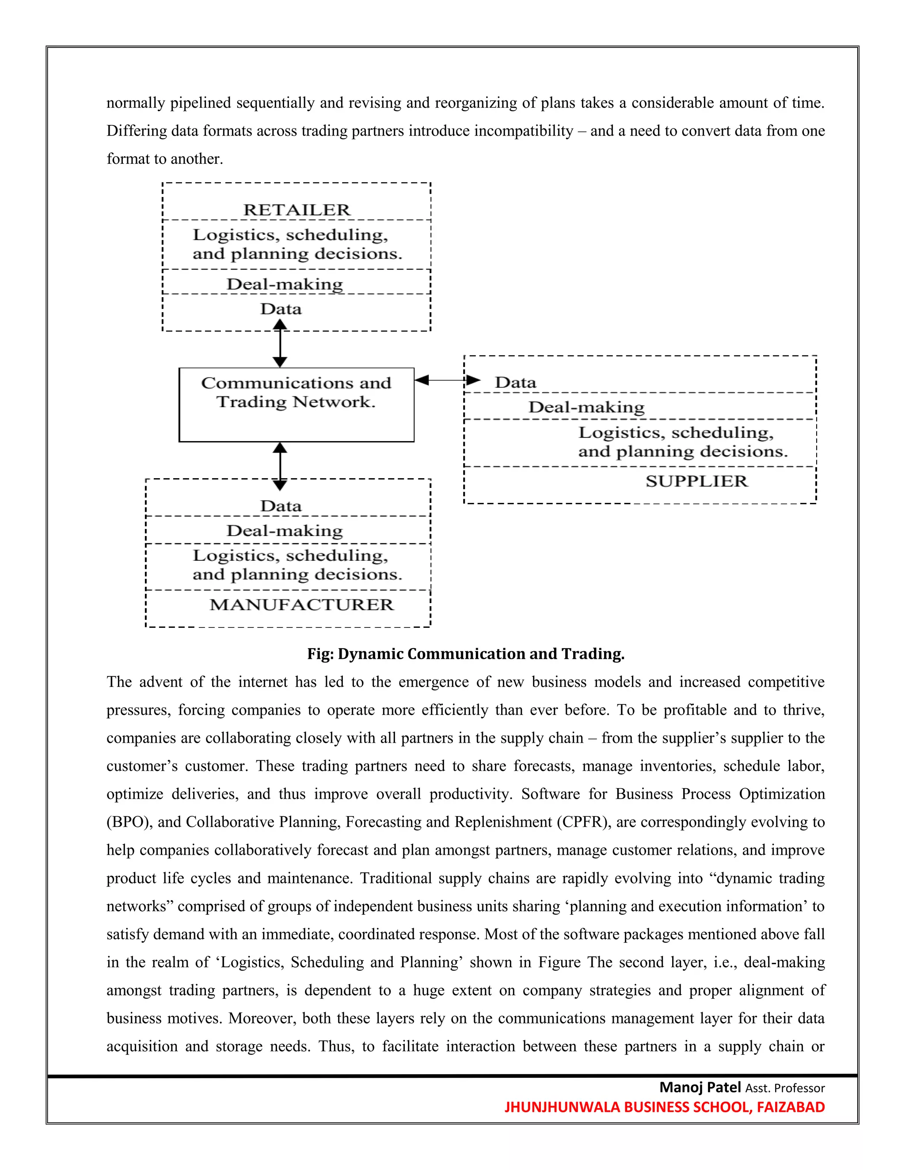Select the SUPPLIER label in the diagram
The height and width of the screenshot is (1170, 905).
tap(696, 481)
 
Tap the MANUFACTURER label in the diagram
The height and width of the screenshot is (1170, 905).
tap(301, 604)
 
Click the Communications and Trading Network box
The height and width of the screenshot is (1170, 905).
tap(296, 404)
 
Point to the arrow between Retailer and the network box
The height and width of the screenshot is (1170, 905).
tap(280, 343)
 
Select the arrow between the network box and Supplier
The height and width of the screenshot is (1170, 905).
tap(447, 380)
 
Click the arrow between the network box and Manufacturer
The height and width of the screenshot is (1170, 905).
tap(280, 466)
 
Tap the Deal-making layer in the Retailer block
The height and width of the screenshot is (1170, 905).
tap(284, 284)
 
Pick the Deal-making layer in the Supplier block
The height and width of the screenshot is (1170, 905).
tap(586, 407)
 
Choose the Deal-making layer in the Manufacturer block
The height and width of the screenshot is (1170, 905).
tap(284, 530)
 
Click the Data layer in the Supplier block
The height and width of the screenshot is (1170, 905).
tap(515, 382)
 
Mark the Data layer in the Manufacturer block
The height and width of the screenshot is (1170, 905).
tap(281, 506)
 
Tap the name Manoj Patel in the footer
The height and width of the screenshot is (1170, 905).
tap(700, 1087)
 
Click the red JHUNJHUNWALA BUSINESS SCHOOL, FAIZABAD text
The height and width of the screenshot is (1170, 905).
tap(664, 1107)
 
